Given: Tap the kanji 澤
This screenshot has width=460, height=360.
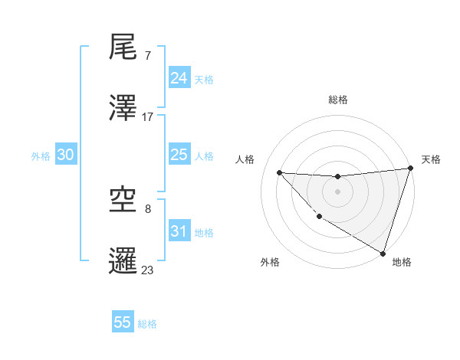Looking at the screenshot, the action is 123,108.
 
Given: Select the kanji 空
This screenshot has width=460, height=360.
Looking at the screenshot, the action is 123,201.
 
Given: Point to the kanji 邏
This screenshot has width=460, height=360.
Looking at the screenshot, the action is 123,260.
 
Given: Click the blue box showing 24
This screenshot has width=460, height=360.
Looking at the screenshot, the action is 179,78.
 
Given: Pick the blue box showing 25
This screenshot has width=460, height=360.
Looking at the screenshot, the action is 179,155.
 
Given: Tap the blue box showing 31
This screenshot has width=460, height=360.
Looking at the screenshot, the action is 179,231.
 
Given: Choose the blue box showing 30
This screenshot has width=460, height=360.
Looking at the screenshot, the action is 66,155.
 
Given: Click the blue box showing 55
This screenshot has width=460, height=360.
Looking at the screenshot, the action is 123,322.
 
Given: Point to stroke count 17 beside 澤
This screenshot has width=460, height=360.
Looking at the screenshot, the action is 148,117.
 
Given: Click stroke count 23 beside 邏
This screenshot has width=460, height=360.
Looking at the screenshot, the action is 148,270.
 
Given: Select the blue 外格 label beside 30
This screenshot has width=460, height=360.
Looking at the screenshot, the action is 41,155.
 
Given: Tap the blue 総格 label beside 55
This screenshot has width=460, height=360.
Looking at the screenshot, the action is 147,324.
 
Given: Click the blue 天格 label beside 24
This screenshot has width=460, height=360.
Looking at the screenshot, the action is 204,80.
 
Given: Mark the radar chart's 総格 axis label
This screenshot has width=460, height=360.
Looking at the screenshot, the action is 338,100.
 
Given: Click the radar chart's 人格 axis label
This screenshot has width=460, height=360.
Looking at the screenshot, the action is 245,159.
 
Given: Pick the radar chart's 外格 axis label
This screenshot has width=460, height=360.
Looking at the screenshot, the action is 270,262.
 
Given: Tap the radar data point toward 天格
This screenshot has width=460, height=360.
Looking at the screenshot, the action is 410,169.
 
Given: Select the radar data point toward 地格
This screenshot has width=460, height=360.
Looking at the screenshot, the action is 383,253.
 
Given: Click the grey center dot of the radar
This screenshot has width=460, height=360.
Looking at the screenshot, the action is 337,191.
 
